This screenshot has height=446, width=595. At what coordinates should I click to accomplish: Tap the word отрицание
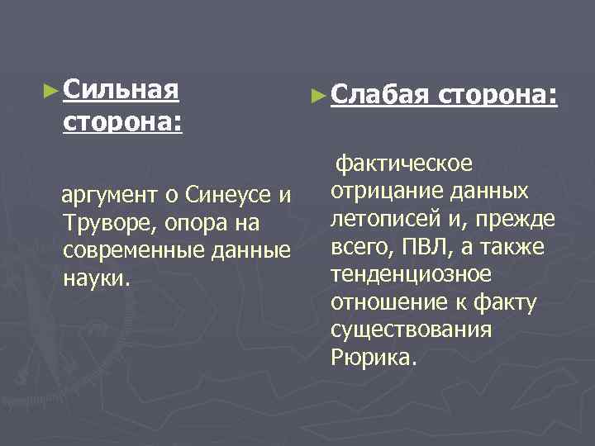click(x=381, y=192)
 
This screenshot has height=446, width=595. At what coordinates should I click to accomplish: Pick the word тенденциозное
click(x=411, y=274)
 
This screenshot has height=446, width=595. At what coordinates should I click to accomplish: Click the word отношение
click(x=382, y=302)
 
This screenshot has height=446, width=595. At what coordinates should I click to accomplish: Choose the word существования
click(x=411, y=330)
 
